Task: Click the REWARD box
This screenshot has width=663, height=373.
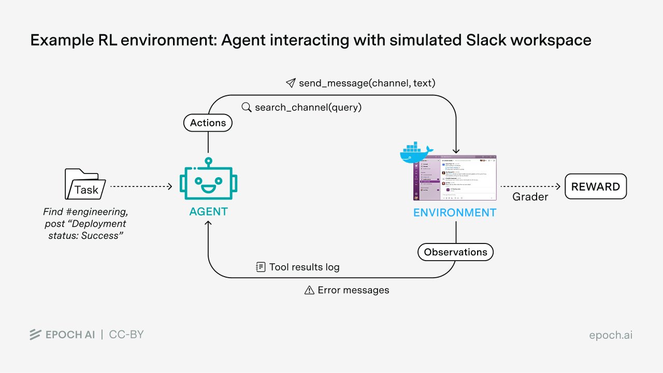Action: pyautogui.click(x=595, y=187)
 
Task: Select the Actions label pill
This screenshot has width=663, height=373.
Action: pyautogui.click(x=208, y=123)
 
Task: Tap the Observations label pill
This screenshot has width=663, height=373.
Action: pyautogui.click(x=455, y=252)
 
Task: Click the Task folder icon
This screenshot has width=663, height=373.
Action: pyautogui.click(x=85, y=184)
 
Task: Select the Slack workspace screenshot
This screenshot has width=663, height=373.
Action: pyautogui.click(x=455, y=178)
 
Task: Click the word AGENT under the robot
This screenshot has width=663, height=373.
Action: pyautogui.click(x=208, y=211)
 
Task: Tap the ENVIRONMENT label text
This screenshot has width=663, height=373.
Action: pyautogui.click(x=454, y=212)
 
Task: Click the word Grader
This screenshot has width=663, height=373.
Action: pyautogui.click(x=530, y=197)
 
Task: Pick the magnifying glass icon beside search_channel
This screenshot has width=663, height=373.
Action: pyautogui.click(x=247, y=107)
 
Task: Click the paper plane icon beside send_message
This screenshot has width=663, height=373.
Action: pyautogui.click(x=291, y=83)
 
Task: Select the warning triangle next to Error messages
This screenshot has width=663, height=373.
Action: pyautogui.click(x=309, y=290)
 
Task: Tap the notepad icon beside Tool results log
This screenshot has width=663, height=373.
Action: pyautogui.click(x=261, y=267)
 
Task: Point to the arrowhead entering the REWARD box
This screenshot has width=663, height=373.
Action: pyautogui.click(x=557, y=187)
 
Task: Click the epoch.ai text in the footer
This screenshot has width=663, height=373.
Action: pyautogui.click(x=611, y=335)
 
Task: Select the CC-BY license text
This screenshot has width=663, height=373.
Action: pyautogui.click(x=126, y=335)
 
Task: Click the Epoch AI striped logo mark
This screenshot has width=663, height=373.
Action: pyautogui.click(x=35, y=335)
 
